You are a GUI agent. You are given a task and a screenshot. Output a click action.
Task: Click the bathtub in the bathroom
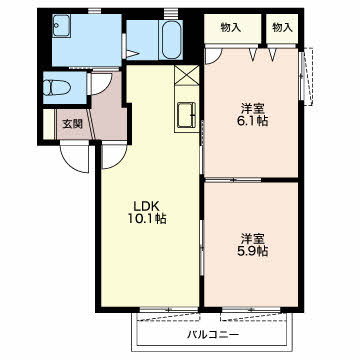(x=172, y=40)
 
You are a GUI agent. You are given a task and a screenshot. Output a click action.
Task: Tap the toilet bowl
(x=57, y=88)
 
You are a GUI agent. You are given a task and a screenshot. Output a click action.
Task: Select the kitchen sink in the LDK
(x=186, y=115)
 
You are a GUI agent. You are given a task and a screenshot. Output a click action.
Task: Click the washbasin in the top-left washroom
(x=61, y=25)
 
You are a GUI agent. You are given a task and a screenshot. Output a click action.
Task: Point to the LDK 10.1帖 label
(x=147, y=212)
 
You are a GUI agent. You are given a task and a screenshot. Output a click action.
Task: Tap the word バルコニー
(x=213, y=334)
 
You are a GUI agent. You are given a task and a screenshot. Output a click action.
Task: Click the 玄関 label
(x=73, y=124)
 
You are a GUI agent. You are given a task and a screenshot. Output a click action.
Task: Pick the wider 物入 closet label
(x=231, y=28)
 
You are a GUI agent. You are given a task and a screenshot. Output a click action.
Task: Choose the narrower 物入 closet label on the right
(x=282, y=28)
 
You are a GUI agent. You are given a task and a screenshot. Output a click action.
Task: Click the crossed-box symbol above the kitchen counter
(x=187, y=75)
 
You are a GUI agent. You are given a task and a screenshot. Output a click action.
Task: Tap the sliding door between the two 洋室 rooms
(x=233, y=180)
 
